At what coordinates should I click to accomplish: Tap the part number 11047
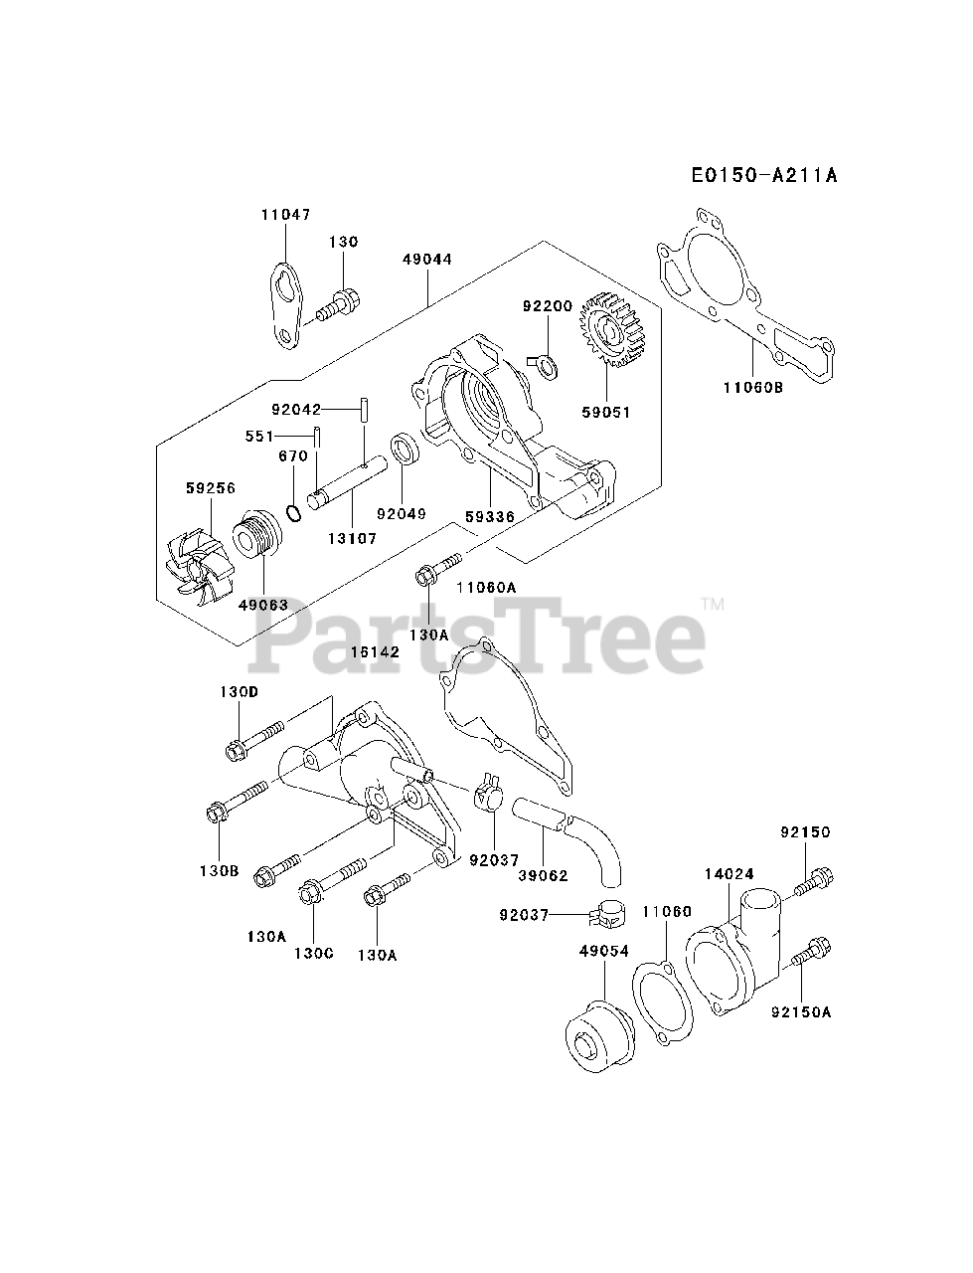286,214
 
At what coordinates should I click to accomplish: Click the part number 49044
427,260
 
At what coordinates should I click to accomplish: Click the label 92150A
801,1012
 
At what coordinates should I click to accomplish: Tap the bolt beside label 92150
813,879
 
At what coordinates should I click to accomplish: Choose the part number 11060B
753,388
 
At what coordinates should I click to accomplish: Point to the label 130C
313,953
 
